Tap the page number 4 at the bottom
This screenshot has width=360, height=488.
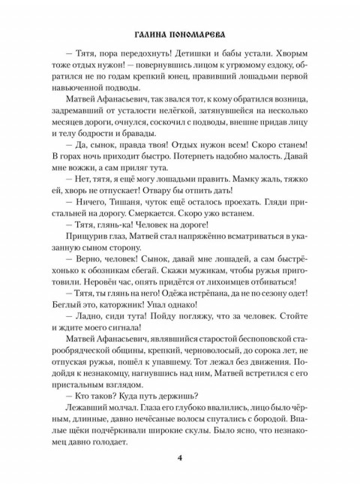(180, 459)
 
